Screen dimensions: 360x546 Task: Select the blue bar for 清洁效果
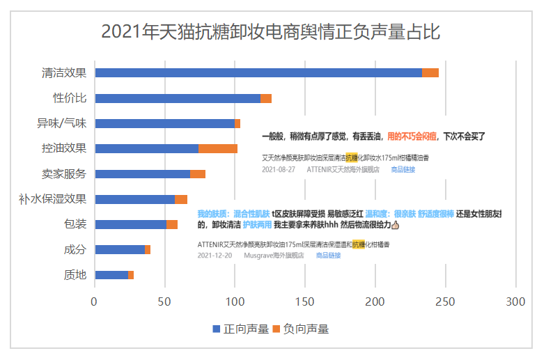[x=258, y=73]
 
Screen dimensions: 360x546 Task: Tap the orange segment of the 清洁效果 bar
[x=430, y=73]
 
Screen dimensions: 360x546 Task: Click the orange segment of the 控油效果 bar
[x=218, y=148]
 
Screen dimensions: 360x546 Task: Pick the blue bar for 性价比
[x=178, y=98]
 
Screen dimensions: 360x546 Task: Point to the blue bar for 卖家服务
[x=142, y=173]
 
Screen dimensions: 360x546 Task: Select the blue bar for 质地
[x=111, y=274]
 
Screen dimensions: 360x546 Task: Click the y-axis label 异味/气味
[x=61, y=123]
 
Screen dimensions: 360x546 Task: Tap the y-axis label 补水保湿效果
[x=53, y=199]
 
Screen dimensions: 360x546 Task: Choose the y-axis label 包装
[x=75, y=224]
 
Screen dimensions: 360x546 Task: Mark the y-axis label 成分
[x=75, y=249]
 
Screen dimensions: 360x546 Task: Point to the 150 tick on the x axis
[x=305, y=302]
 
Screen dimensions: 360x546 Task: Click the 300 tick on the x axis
[x=515, y=302]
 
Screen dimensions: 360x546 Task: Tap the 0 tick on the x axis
[x=95, y=302]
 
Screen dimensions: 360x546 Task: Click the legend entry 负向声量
[x=299, y=329]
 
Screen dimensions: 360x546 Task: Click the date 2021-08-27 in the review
[x=279, y=169]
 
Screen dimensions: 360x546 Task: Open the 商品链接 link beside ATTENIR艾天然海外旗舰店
[x=403, y=169]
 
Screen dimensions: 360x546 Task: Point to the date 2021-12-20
[x=214, y=256]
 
